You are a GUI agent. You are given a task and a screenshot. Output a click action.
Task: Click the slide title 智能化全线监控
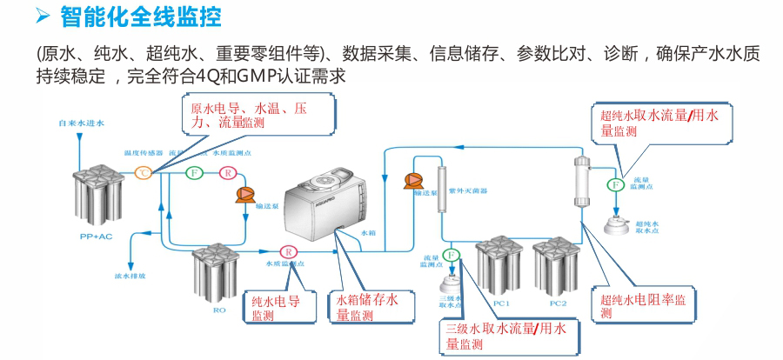click(140, 16)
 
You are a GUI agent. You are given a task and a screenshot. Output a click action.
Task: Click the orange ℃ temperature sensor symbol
click(143, 173)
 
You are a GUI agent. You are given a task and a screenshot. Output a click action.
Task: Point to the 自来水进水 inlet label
click(80, 124)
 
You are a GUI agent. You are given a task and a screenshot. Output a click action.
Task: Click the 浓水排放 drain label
click(130, 277)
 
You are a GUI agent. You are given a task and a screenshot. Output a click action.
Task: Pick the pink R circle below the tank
click(283, 251)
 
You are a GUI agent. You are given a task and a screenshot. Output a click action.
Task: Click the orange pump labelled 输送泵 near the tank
click(242, 195)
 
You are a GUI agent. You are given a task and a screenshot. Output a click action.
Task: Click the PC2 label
click(558, 303)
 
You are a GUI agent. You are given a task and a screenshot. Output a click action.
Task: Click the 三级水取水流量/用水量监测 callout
click(505, 336)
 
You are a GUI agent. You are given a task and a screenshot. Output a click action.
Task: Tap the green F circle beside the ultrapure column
click(614, 184)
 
